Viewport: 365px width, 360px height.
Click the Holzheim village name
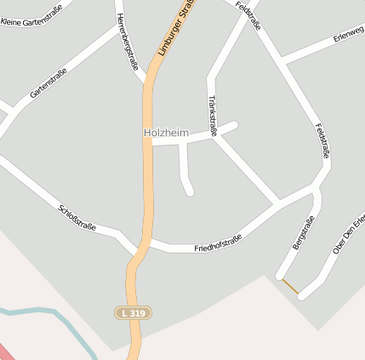click(166, 133)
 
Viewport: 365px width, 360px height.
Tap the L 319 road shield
click(133, 313)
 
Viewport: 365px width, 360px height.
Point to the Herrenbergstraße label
click(127, 40)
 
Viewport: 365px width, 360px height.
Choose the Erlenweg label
click(348, 34)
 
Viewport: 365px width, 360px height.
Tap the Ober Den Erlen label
click(349, 234)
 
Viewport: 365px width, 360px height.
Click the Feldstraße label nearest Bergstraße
click(322, 141)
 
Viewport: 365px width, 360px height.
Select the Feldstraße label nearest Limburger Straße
click(248, 16)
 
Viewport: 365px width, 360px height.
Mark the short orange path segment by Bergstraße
click(290, 287)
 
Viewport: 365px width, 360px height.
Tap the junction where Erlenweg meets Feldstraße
click(282, 62)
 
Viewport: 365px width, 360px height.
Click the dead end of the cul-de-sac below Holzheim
click(190, 191)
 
